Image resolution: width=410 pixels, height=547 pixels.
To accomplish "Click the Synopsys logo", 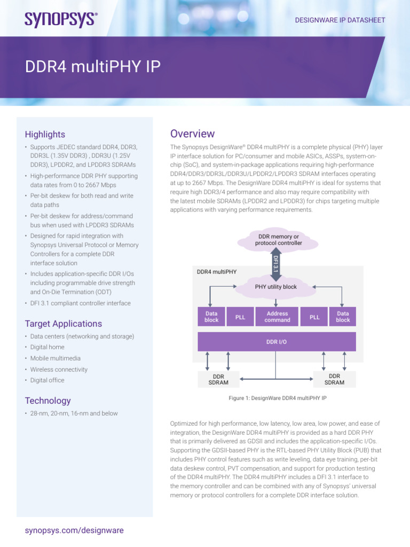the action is coord(61,19).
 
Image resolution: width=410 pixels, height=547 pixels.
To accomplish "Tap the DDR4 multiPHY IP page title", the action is coord(93,67).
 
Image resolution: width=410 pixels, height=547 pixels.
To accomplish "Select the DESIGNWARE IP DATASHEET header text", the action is coord(340,20).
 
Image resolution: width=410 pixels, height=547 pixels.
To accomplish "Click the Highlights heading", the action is coord(45,134).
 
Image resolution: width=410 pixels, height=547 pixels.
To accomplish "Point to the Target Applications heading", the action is coord(63,324).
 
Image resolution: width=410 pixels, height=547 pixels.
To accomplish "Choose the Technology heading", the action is coord(48,401).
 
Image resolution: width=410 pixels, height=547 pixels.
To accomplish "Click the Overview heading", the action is coord(192,134).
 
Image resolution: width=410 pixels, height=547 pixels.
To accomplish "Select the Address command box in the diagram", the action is coord(277,317).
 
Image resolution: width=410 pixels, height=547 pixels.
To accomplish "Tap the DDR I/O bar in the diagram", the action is coord(277,342).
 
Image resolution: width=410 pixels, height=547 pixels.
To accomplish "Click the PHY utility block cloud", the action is coord(275,287).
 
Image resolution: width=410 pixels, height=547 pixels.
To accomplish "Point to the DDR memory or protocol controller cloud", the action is coord(278,239).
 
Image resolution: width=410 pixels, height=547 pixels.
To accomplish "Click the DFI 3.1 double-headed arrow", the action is coord(275,263).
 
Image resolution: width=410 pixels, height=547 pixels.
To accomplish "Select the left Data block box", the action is coord(211,317).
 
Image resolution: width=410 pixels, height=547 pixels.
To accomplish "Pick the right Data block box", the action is coord(343,317).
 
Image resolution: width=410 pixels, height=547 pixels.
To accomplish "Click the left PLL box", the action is coord(240,317).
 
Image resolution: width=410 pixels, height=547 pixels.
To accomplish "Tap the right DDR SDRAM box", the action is coord(334,379).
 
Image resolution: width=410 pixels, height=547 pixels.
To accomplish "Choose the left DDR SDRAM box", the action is coord(219,379).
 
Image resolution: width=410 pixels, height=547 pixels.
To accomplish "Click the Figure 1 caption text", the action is coord(277,398).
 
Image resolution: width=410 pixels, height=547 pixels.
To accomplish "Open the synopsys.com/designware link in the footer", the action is coord(74,530).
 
